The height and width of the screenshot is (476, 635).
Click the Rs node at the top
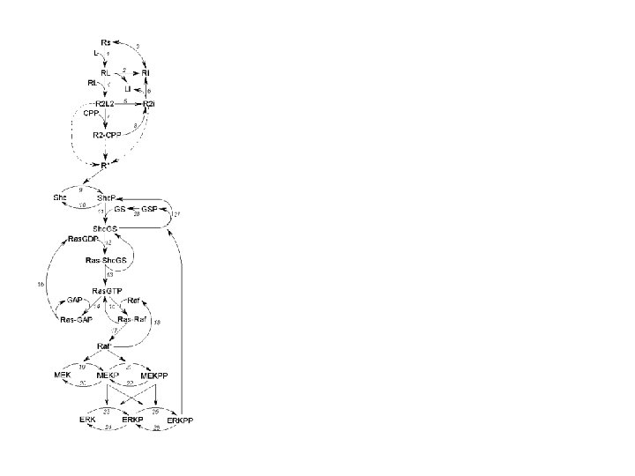[x=107, y=41]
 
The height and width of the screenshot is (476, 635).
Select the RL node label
[x=105, y=72]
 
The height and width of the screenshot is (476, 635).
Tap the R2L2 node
[x=106, y=104]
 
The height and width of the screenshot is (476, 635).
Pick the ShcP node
[x=107, y=197]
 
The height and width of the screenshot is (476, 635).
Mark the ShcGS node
[x=107, y=227]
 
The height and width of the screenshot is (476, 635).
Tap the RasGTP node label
[x=107, y=290]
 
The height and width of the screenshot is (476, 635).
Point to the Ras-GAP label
[x=77, y=319]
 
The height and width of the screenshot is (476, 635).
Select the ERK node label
[x=86, y=420]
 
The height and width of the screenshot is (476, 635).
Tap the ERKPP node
[x=180, y=420]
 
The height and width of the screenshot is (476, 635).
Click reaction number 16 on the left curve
[x=41, y=284]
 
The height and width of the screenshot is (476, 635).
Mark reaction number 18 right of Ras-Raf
[x=157, y=324]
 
